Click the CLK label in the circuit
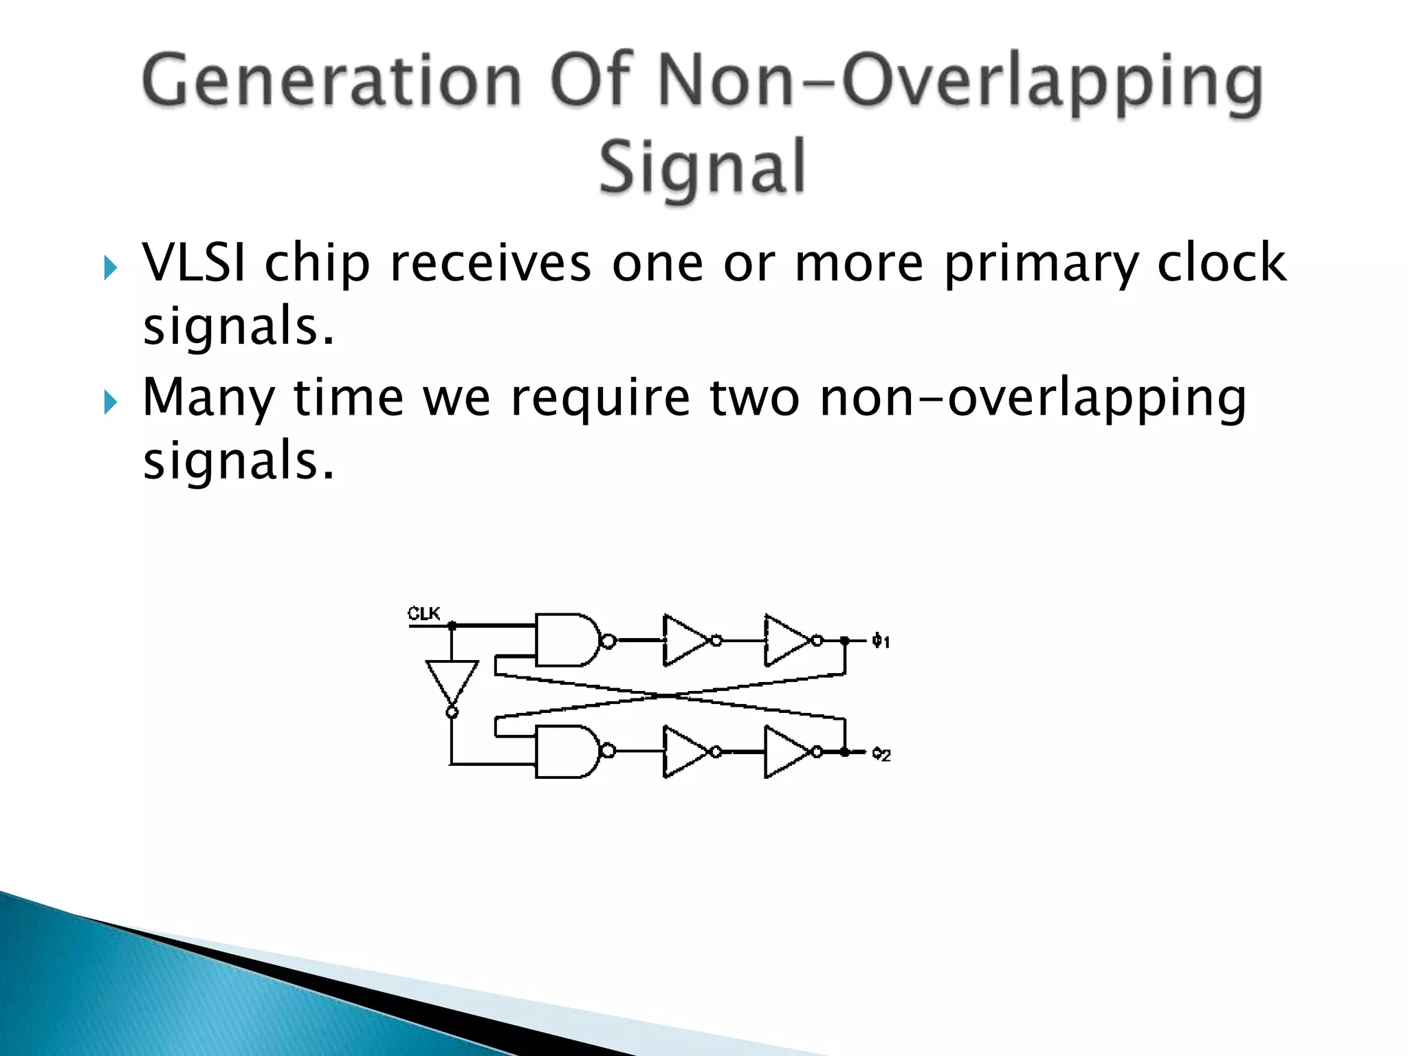click(423, 613)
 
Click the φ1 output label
click(881, 641)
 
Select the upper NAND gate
click(566, 640)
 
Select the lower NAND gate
click(566, 751)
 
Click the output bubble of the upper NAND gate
click(608, 641)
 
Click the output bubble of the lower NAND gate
click(608, 751)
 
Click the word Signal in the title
click(701, 167)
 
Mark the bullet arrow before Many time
click(110, 402)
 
